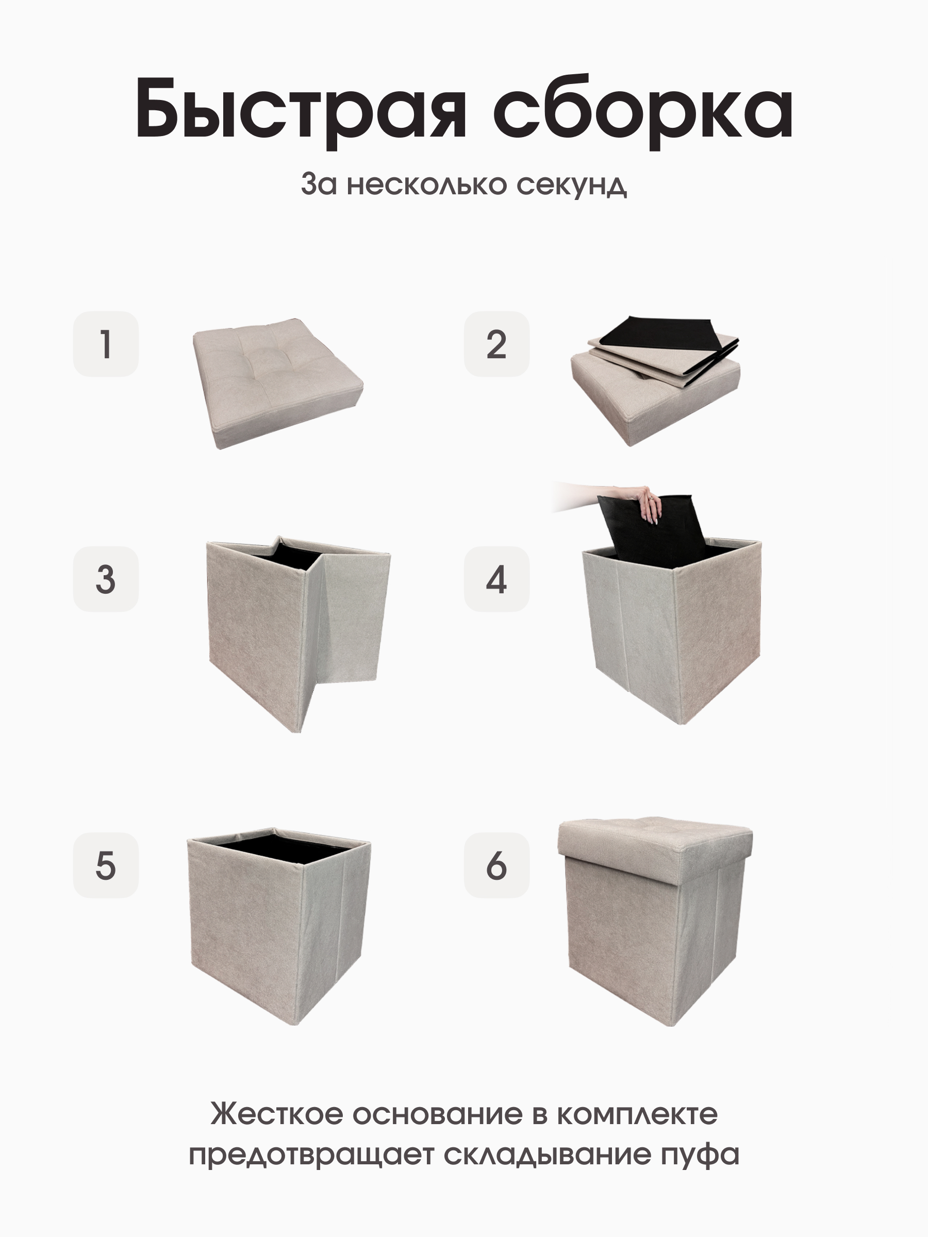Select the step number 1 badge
pos(106,344)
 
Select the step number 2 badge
pos(496,344)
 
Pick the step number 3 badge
pos(106,579)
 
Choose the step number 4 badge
pos(496,579)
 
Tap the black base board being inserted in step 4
pos(649,537)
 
